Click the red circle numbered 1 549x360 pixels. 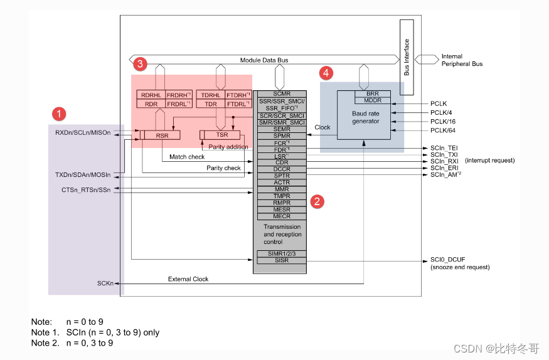tap(58, 114)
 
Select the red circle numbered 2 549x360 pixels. tap(318, 201)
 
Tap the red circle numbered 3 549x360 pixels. tap(141, 63)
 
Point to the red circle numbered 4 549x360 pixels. tap(326, 73)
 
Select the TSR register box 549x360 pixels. tap(221, 135)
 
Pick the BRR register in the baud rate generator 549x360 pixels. tap(372, 93)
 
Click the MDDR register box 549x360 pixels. tap(372, 100)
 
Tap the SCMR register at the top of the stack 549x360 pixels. tap(281, 93)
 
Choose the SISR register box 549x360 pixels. tap(281, 260)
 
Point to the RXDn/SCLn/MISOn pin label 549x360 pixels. tap(83, 133)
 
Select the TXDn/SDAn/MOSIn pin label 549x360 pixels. tap(83, 174)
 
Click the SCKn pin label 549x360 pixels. tap(105, 283)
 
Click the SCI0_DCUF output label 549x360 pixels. tap(448, 259)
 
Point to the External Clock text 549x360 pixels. tap(188, 278)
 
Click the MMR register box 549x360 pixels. tap(281, 189)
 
